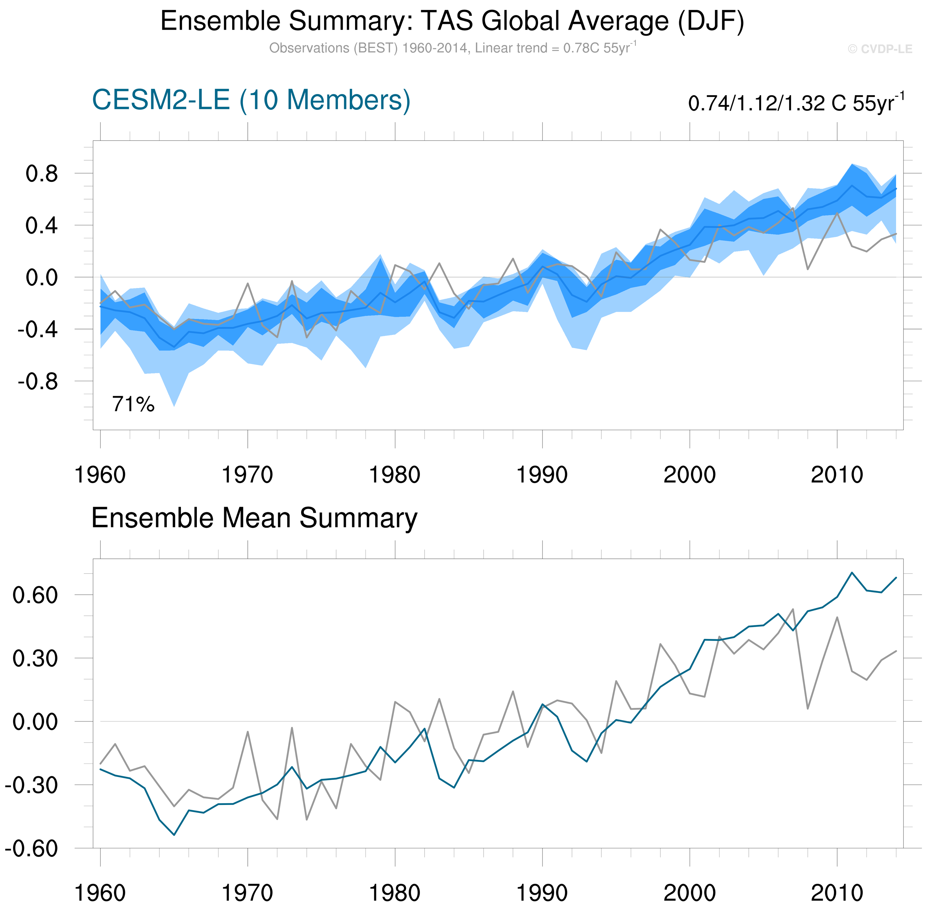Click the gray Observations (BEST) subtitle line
pyautogui.click(x=452, y=48)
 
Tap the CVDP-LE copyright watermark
pyautogui.click(x=880, y=49)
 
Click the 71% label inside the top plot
pyautogui.click(x=133, y=405)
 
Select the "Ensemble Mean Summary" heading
pyautogui.click(x=254, y=518)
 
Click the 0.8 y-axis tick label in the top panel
pyautogui.click(x=42, y=174)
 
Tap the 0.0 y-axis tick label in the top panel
pyautogui.click(x=42, y=277)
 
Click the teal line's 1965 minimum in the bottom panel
pyautogui.click(x=174, y=835)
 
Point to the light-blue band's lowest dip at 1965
pyautogui.click(x=174, y=406)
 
